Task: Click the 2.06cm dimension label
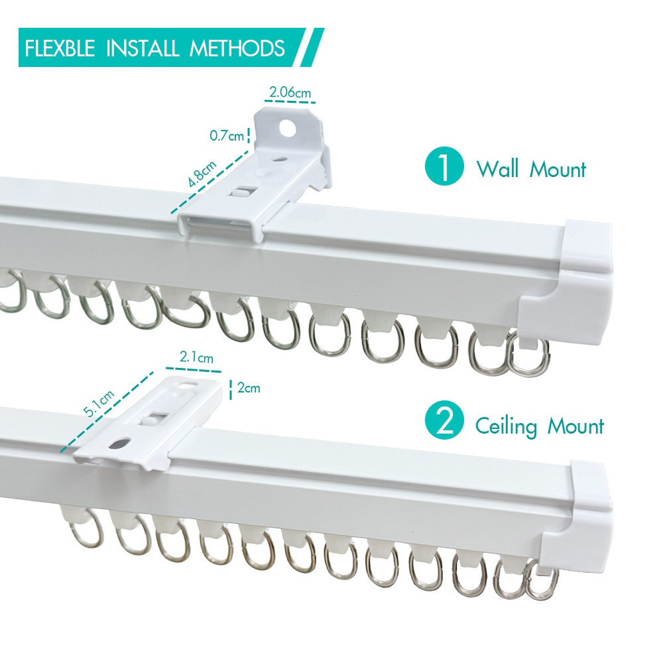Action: pyautogui.click(x=290, y=93)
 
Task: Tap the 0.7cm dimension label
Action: pyautogui.click(x=227, y=136)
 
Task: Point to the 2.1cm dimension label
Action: pyautogui.click(x=196, y=358)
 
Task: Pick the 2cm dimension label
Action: pyautogui.click(x=249, y=388)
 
